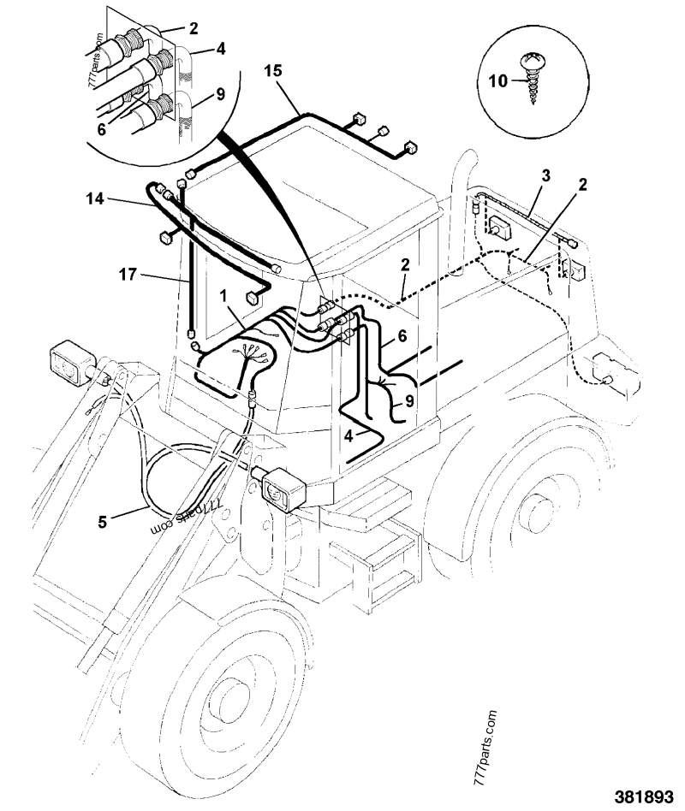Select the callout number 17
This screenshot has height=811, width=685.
click(x=126, y=275)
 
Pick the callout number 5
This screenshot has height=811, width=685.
click(x=102, y=519)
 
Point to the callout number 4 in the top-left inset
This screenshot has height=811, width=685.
click(x=221, y=50)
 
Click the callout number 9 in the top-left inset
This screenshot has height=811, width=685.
click(x=221, y=95)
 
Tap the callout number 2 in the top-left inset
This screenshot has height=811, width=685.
click(x=194, y=28)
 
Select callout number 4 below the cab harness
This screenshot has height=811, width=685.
click(x=348, y=435)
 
